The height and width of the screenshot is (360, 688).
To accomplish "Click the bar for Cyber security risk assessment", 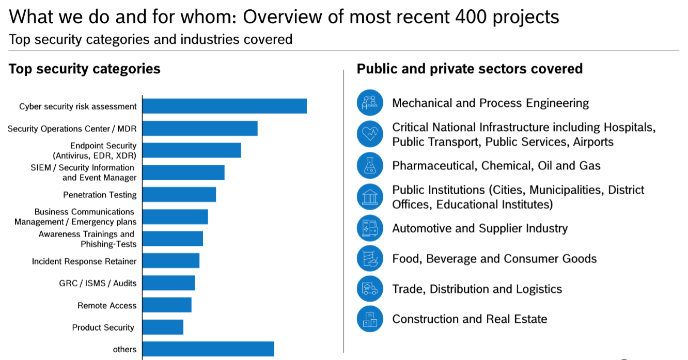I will click(224, 106).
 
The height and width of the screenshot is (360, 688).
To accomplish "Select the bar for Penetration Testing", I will click(179, 195).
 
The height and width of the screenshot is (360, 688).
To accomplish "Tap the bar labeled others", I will click(208, 349).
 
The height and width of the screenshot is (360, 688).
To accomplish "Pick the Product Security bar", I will click(163, 327).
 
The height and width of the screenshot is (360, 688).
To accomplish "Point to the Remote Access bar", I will click(167, 305).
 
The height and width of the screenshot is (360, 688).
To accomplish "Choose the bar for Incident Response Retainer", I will click(171, 261).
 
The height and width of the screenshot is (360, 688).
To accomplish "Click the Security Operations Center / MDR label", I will click(72, 129).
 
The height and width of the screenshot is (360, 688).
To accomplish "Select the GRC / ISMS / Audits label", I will click(98, 283).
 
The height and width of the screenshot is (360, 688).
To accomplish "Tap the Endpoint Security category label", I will click(95, 150).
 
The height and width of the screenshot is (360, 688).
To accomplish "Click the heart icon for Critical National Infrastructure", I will click(370, 134).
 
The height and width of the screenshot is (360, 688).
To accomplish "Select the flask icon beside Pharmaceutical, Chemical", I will click(370, 165).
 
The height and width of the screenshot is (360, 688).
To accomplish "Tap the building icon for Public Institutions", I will click(370, 197).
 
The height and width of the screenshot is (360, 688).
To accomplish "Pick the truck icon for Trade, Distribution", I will click(370, 289).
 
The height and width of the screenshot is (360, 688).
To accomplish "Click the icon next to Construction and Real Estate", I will click(370, 319).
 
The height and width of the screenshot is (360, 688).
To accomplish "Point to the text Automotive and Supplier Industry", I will click(480, 228).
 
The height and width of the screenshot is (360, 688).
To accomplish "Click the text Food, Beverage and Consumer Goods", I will click(494, 259).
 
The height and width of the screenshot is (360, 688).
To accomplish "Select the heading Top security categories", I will click(85, 69).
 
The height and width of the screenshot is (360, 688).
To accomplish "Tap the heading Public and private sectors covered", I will click(470, 69).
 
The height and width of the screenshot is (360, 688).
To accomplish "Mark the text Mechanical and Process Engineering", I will click(490, 103).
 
